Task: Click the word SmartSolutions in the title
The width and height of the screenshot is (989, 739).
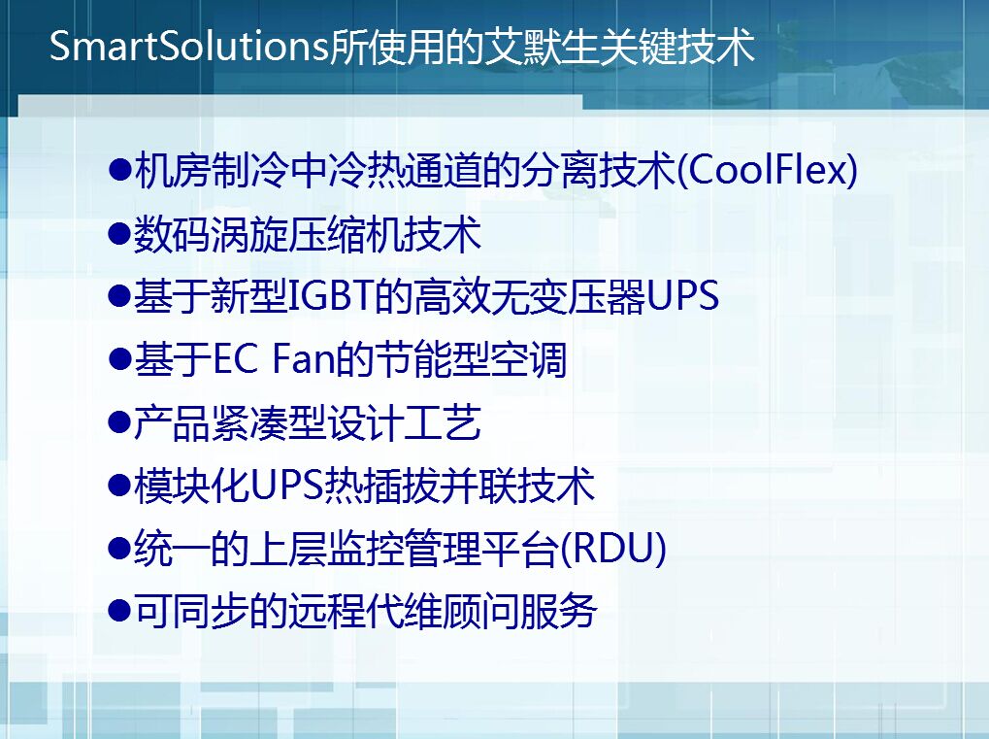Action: pos(188,46)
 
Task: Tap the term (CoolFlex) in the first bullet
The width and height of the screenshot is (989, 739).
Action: pos(767,169)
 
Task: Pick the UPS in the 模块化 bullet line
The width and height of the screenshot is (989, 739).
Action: pos(287,485)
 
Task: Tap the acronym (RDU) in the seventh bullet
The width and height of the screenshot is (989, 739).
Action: pos(612,548)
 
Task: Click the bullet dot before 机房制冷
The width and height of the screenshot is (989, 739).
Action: pos(119,170)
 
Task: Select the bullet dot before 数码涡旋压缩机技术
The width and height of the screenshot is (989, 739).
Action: pos(119,233)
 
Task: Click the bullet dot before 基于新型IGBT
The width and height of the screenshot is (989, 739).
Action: pos(119,296)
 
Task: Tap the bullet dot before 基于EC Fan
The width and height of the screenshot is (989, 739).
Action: pos(119,359)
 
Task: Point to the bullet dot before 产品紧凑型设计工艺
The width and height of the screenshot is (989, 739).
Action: pos(119,422)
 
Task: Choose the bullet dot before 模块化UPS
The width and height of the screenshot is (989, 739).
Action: pos(119,486)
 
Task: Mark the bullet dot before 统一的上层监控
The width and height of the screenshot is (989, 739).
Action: pos(119,549)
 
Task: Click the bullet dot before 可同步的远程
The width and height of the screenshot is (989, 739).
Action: pos(119,612)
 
